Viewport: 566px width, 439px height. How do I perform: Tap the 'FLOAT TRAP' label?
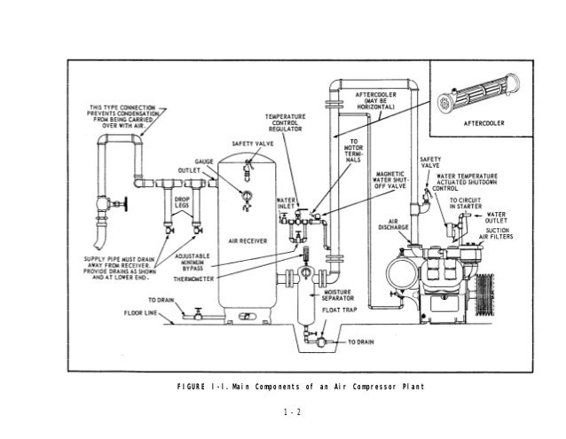point(342,310)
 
